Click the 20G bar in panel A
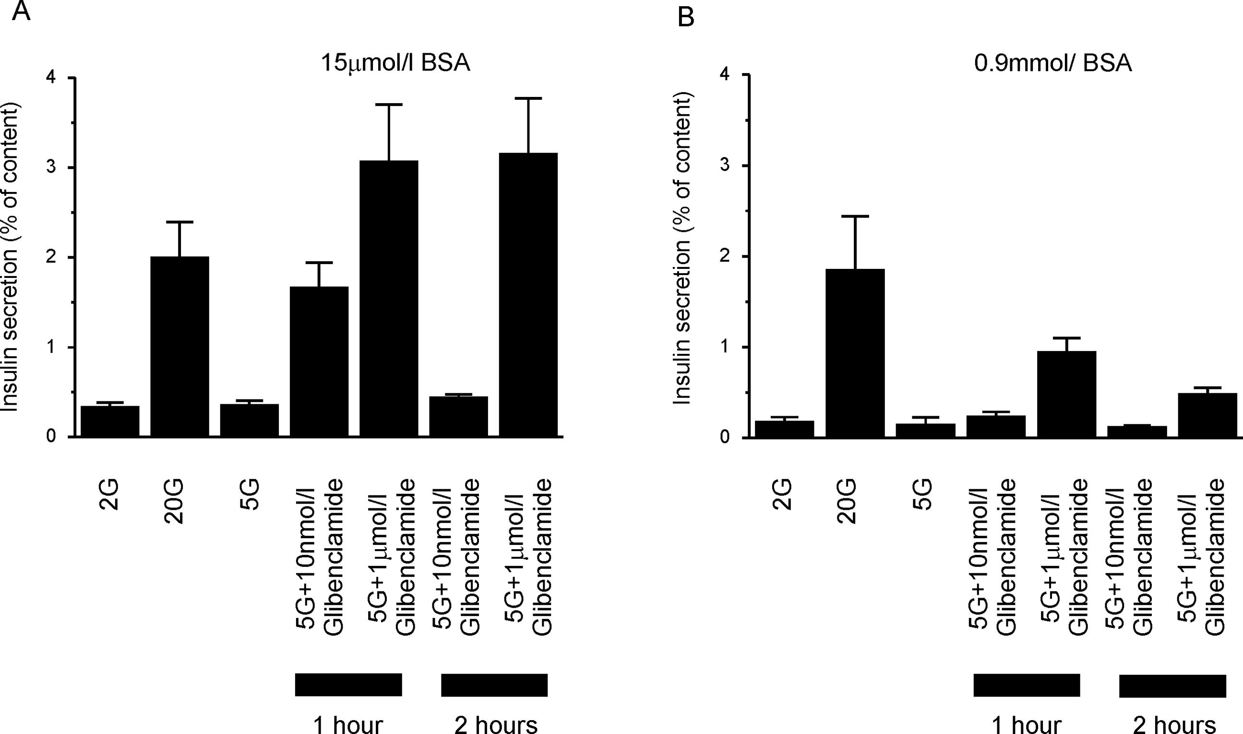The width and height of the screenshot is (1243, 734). coord(179,346)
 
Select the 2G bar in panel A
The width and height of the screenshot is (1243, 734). coord(110,421)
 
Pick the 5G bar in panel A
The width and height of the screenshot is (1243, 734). coord(249,421)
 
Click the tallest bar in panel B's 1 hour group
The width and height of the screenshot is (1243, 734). coord(1066,394)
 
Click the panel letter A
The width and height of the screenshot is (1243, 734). coord(21,11)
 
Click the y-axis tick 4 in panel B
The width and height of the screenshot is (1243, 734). coord(725,75)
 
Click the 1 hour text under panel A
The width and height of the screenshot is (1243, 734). coord(347,723)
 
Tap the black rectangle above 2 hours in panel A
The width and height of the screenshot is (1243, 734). coord(494,685)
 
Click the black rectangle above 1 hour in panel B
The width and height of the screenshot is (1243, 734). coord(1027,685)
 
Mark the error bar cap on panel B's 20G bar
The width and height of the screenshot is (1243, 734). coord(855,216)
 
